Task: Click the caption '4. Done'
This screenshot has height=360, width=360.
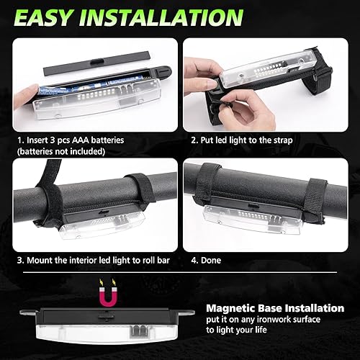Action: click(207, 259)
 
